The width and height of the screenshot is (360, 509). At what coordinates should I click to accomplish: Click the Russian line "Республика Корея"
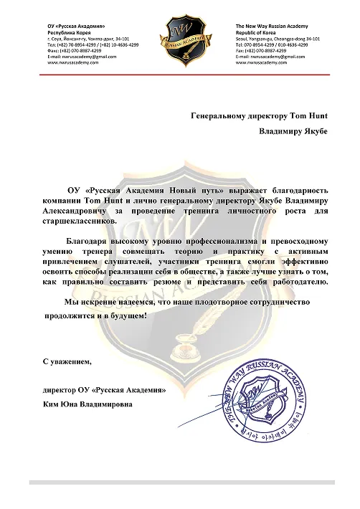click(70, 32)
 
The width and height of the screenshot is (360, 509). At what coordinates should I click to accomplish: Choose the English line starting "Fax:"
click(261, 51)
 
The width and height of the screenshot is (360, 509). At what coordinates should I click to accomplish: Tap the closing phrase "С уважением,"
click(67, 361)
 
